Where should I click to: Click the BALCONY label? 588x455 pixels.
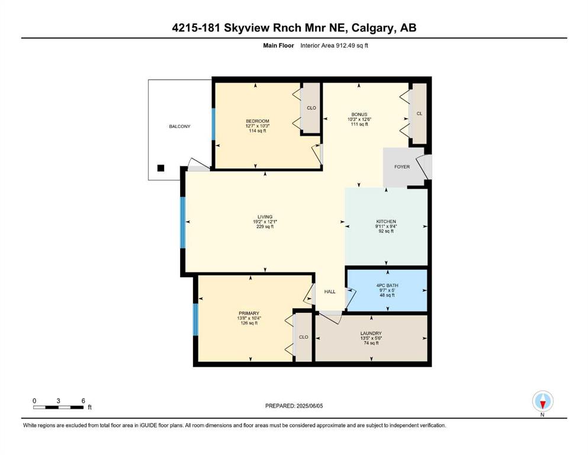pyautogui.click(x=179, y=126)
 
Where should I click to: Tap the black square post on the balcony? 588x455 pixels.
pyautogui.click(x=160, y=168)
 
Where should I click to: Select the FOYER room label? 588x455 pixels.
pyautogui.click(x=402, y=166)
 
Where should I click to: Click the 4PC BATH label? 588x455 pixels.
pyautogui.click(x=387, y=286)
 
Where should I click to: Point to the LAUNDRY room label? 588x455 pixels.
pyautogui.click(x=371, y=333)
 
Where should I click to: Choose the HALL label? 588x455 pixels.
pyautogui.click(x=330, y=291)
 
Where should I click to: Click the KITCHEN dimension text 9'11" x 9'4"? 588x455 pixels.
pyautogui.click(x=386, y=226)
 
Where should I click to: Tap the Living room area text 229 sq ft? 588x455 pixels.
pyautogui.click(x=265, y=226)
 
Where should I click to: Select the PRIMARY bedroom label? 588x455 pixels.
pyautogui.click(x=249, y=313)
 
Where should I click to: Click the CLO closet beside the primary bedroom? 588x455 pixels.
pyautogui.click(x=303, y=337)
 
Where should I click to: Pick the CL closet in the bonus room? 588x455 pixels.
pyautogui.click(x=419, y=113)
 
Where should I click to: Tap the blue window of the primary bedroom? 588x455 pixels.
pyautogui.click(x=195, y=319)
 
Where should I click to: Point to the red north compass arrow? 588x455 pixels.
pyautogui.click(x=542, y=405)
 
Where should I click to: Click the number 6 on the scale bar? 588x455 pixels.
pyautogui.click(x=83, y=400)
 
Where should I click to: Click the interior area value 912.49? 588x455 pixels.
pyautogui.click(x=345, y=46)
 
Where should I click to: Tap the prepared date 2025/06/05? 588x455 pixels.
pyautogui.click(x=310, y=406)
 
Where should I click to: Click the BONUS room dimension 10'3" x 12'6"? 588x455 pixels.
pyautogui.click(x=359, y=119)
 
